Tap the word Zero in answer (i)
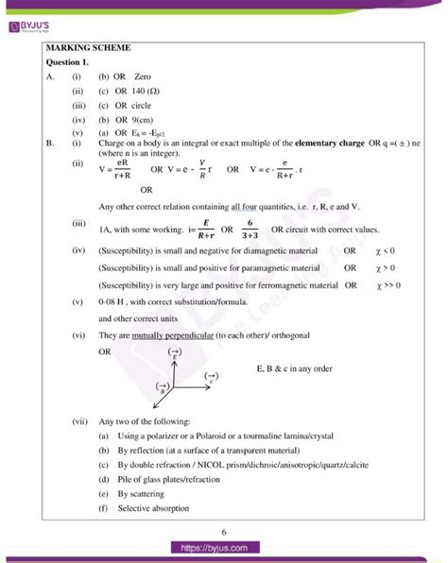click(x=144, y=77)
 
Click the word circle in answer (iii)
click(x=141, y=105)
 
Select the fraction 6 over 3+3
click(x=251, y=230)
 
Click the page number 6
click(x=224, y=532)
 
